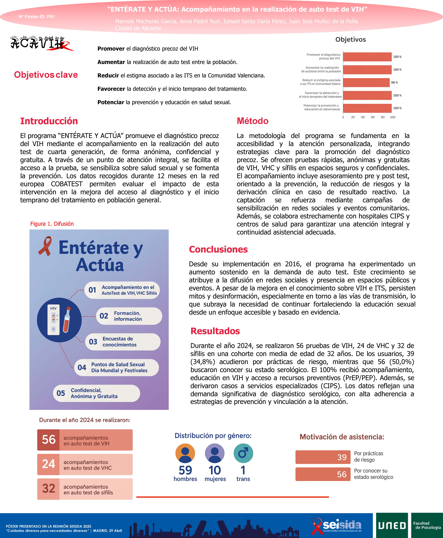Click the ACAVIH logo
pyautogui.click(x=41, y=43)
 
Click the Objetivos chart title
pyautogui.click(x=350, y=40)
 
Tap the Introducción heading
pyautogui.click(x=49, y=121)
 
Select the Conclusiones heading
pyautogui.click(x=218, y=249)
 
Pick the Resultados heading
pyautogui.click(x=215, y=331)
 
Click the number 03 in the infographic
pyautogui.click(x=93, y=342)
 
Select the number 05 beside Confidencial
pyautogui.click(x=61, y=393)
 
